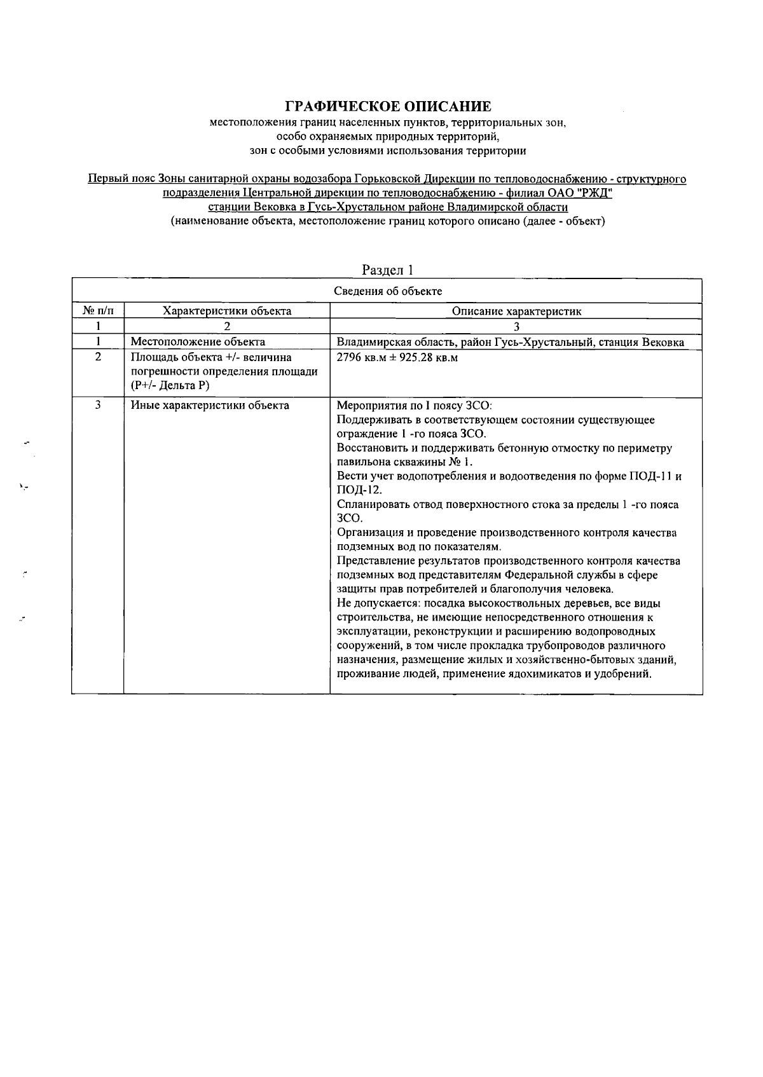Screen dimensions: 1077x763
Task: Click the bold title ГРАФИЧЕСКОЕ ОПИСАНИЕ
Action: pyautogui.click(x=388, y=106)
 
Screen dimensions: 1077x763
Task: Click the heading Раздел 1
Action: pyautogui.click(x=388, y=270)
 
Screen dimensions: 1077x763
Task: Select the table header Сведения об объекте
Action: pyautogui.click(x=388, y=291)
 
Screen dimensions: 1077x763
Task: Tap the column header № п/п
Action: pyautogui.click(x=98, y=311)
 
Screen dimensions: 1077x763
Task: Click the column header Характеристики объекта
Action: pyautogui.click(x=227, y=311)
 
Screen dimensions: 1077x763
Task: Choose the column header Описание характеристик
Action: pyautogui.click(x=516, y=311)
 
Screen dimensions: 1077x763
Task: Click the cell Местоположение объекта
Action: pyautogui.click(x=198, y=342)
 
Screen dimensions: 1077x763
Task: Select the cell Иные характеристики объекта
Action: pyautogui.click(x=210, y=406)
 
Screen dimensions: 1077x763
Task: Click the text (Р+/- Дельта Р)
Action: pyautogui.click(x=170, y=385)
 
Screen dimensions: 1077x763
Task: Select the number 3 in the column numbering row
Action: pyautogui.click(x=516, y=326)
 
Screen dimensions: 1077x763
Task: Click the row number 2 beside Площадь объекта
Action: pyautogui.click(x=98, y=357)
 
